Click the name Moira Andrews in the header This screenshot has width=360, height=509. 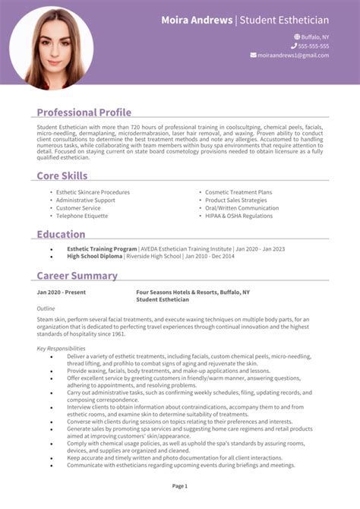pos(197,20)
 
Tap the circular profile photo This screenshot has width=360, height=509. pos(52,48)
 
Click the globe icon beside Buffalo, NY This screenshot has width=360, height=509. pos(297,36)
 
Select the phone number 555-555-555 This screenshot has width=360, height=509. pos(314,46)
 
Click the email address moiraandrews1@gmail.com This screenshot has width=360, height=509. pos(293,55)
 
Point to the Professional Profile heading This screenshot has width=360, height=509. pos(84,112)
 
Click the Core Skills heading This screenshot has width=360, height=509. pos(62,175)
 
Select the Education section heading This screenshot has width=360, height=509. pos(61,234)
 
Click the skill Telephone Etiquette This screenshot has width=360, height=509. pos(83,216)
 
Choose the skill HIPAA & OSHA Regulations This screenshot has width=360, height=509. pos(238,216)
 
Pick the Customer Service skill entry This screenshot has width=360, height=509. pos(78,208)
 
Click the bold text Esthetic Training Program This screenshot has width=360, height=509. pos(102,248)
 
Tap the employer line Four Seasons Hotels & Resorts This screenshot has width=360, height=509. pos(193,292)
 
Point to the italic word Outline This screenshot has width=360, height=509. pos(46,308)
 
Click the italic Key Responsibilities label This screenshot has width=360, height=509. pos(62,348)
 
